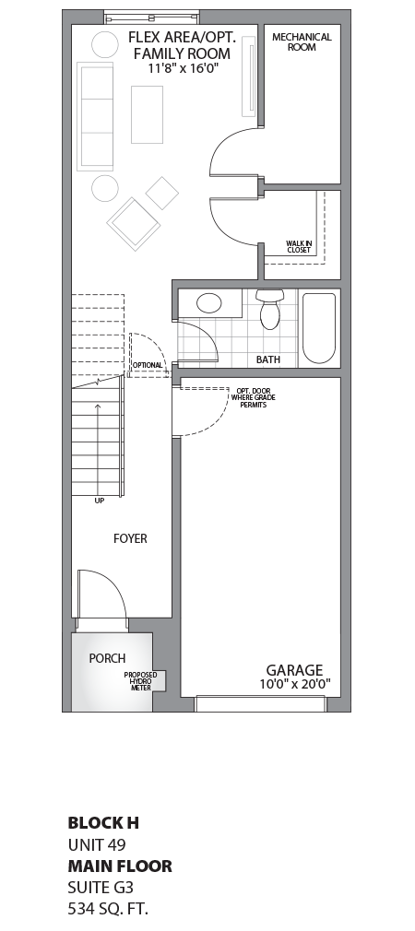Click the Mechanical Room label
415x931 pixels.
(x=302, y=42)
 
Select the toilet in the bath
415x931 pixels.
(x=269, y=310)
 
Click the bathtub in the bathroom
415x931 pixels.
(x=319, y=328)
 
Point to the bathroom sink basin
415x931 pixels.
(x=208, y=302)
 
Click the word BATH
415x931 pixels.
(x=268, y=359)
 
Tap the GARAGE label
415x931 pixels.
(x=294, y=670)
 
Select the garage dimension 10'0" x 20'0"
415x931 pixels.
(x=294, y=685)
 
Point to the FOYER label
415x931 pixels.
(x=130, y=538)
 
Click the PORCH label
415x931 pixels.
(x=107, y=658)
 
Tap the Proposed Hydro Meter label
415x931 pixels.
(x=140, y=681)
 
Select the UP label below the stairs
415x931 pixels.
(x=99, y=501)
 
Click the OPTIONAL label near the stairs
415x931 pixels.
(x=148, y=365)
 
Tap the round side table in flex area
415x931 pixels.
(x=105, y=188)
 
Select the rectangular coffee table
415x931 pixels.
(x=147, y=114)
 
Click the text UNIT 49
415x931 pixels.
(x=97, y=843)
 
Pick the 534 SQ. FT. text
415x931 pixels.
(x=108, y=909)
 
